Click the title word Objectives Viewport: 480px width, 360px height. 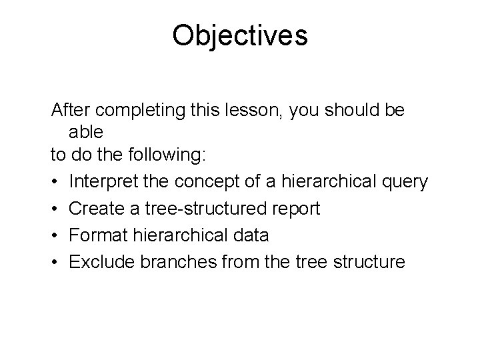tap(240, 35)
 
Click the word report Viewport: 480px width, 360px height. tap(296, 209)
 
